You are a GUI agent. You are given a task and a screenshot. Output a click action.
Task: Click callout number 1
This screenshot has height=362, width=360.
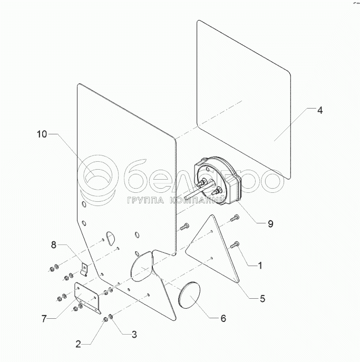pos(260,265)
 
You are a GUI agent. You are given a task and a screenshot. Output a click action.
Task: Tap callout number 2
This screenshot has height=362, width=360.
pos(79,344)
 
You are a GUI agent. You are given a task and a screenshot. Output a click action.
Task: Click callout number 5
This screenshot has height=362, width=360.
pos(262,298)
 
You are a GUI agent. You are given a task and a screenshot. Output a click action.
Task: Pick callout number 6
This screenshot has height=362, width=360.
pos(223,318)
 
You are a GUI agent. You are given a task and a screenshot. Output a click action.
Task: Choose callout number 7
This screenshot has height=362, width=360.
pos(44,318)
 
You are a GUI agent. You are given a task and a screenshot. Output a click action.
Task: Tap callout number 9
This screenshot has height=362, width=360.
pos(270,223)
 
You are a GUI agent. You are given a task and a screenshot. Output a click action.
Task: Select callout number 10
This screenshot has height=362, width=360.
pos(42,134)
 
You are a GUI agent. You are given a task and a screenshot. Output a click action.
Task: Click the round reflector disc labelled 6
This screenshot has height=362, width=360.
pos(188,295)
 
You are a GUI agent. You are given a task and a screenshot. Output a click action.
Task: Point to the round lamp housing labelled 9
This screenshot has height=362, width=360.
pos(216,182)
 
